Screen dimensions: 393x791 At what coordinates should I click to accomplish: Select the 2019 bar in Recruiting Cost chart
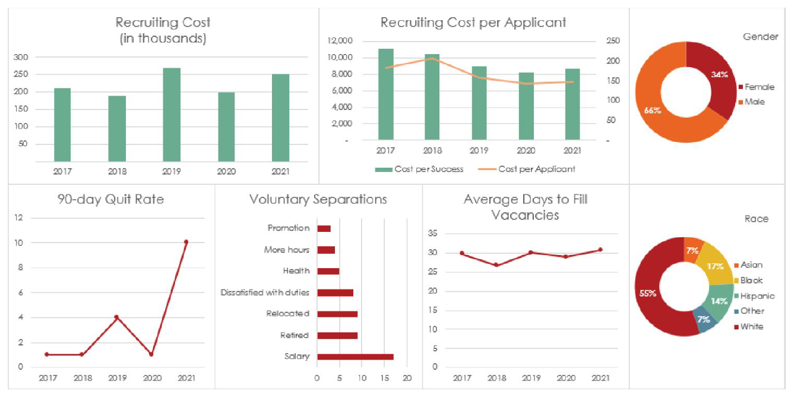(172, 115)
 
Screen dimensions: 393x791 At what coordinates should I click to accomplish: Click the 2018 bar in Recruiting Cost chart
(117, 128)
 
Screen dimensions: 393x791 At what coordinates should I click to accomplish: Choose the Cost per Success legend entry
(419, 169)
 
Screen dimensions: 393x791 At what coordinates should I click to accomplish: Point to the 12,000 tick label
(340, 41)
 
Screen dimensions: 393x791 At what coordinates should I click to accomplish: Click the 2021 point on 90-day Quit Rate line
(186, 242)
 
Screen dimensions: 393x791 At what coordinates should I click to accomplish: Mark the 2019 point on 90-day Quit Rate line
(116, 317)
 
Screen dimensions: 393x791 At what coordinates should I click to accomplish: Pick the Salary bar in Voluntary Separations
(355, 357)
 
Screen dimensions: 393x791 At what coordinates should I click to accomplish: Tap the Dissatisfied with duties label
(265, 293)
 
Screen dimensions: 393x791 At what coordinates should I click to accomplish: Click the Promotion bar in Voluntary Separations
(324, 228)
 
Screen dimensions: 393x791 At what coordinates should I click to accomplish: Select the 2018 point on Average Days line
(496, 265)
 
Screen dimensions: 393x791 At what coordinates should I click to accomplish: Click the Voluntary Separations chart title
(318, 200)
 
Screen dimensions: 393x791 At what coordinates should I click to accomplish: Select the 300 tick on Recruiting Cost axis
(21, 57)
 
